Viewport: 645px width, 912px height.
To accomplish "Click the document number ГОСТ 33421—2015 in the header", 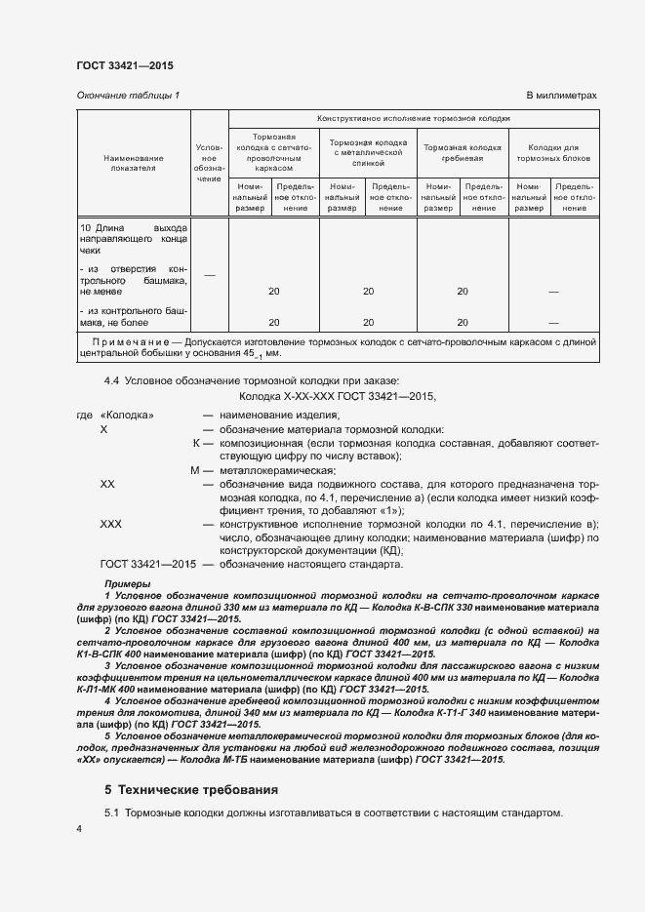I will tap(125, 66).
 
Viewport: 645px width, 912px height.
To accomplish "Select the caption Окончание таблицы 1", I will tap(128, 96).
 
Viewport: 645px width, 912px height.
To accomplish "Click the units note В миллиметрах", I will tap(561, 96).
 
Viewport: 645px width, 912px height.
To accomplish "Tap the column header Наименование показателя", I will tap(134, 162).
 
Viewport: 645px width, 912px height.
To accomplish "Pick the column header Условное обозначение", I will tap(209, 162).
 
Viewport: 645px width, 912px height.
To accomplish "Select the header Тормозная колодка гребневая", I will tap(462, 152).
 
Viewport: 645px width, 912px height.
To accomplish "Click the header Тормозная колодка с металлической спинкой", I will tap(368, 152).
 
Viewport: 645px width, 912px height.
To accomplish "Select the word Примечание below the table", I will tap(133, 340).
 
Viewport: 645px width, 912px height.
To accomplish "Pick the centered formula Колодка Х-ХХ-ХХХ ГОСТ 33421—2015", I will tap(338, 397).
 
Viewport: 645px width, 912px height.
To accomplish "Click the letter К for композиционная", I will tap(196, 443).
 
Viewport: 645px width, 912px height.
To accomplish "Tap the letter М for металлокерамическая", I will tap(195, 471).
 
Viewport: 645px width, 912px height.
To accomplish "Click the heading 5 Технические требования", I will tap(191, 788).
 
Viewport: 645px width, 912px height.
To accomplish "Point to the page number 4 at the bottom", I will tap(79, 828).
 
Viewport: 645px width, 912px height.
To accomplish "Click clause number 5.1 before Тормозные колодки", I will tap(111, 812).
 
